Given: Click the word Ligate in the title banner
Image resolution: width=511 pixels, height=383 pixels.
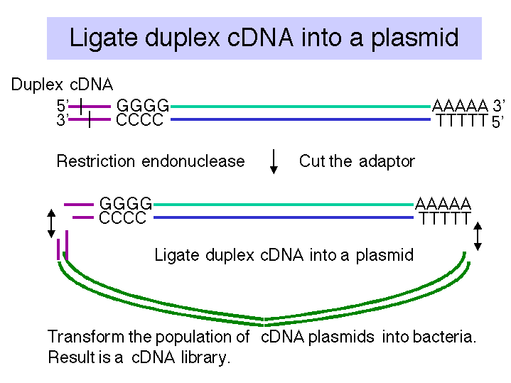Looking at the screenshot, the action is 103,38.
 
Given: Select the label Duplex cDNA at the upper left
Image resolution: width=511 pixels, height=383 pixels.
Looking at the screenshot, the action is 62,85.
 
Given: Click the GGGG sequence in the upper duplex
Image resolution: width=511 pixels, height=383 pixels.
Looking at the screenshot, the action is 143,106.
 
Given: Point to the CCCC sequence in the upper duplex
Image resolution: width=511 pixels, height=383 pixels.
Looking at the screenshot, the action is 139,119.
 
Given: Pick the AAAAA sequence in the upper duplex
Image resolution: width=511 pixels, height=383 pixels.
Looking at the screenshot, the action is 460,106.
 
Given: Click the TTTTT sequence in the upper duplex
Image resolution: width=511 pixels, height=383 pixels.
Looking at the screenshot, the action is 462,120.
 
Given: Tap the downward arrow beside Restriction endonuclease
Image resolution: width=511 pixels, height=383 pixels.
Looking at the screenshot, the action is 274,162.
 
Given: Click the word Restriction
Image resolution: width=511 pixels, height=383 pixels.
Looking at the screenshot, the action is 96,161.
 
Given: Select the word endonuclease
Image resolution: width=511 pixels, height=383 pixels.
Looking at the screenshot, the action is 193,161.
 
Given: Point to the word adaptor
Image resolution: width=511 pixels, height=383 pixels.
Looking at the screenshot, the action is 387,162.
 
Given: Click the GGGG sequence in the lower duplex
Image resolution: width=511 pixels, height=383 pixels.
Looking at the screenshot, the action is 126,204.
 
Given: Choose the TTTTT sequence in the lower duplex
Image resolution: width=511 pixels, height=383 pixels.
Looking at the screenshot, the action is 445,218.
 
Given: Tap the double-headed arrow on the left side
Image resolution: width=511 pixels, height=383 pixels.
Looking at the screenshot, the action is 51,223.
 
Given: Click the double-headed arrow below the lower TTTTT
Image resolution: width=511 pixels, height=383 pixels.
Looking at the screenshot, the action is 478,237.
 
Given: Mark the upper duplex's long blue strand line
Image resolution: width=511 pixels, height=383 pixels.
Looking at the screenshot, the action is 301,119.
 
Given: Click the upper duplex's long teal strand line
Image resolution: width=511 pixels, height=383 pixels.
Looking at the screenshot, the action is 301,107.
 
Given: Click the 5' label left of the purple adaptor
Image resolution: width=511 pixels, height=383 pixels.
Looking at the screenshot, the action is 63,106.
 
